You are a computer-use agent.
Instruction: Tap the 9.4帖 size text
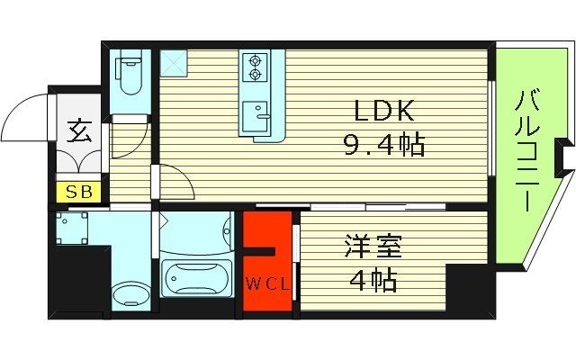[383, 143]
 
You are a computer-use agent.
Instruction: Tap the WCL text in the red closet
[267, 286]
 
